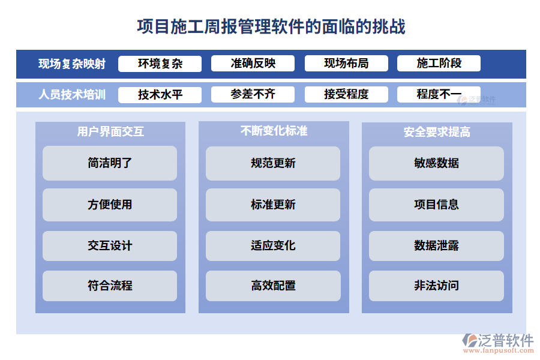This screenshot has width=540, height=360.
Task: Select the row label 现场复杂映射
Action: (72, 64)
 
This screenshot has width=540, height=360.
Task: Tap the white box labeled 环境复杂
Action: (160, 64)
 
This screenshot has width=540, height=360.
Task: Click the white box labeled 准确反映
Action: (253, 64)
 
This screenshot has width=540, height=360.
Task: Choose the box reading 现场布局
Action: (346, 64)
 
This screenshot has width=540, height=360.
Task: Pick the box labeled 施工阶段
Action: (439, 64)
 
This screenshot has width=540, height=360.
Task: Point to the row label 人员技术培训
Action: (72, 95)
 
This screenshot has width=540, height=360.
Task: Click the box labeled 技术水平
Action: (160, 95)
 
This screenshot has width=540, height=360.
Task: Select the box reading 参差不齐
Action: (253, 95)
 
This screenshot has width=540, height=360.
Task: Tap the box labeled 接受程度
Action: (346, 95)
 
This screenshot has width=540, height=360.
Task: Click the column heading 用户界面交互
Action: (110, 131)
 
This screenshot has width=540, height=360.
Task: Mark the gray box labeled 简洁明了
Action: (110, 163)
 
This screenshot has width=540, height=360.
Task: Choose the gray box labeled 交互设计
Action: (110, 246)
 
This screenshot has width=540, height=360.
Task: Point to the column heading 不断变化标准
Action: (274, 131)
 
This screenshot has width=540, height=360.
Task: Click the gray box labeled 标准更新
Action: (273, 205)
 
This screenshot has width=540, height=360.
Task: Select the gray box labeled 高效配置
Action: (273, 286)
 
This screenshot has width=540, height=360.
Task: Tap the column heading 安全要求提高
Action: (437, 132)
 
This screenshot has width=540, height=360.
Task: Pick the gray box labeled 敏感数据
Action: (436, 163)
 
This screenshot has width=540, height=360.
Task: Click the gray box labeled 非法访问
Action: (436, 286)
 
